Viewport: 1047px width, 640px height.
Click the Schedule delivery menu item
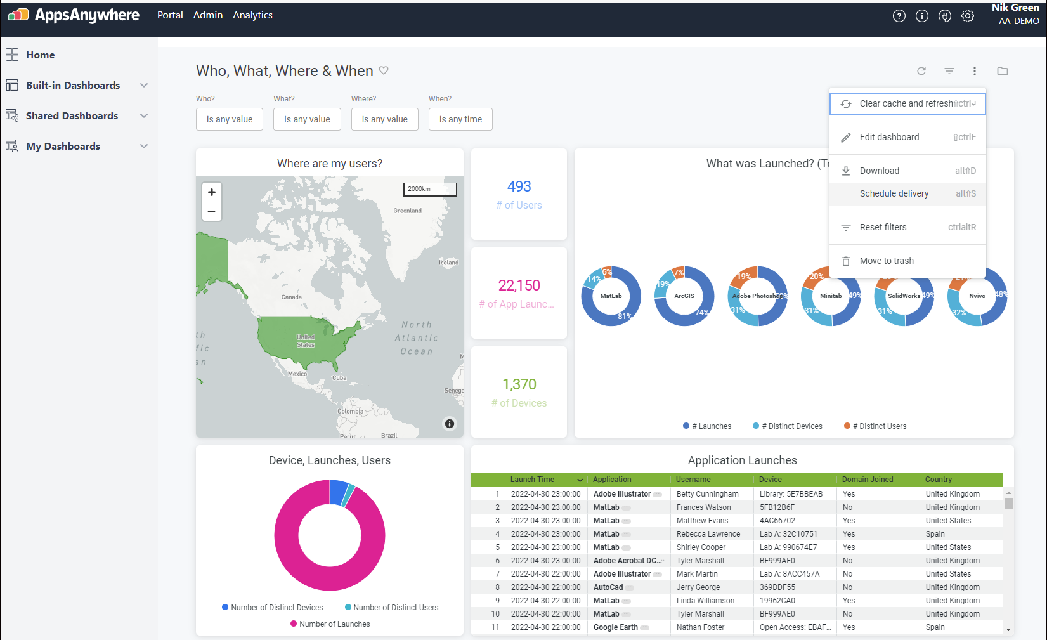click(x=894, y=193)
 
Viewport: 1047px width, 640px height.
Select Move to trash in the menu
click(x=886, y=261)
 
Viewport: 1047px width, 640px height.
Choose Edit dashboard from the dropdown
click(x=888, y=137)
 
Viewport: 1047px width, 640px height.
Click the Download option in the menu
click(x=879, y=171)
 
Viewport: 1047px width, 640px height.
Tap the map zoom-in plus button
click(x=212, y=192)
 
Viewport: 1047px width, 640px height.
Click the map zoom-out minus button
click(x=212, y=211)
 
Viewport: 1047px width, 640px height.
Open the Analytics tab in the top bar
click(x=252, y=15)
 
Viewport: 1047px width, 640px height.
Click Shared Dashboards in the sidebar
click(x=72, y=115)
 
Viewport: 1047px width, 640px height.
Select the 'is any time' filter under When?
click(x=460, y=119)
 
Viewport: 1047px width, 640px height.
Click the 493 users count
click(x=519, y=186)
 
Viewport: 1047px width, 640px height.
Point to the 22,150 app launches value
click(x=519, y=285)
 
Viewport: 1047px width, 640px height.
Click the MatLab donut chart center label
click(x=611, y=296)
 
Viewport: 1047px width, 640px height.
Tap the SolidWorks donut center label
click(x=904, y=296)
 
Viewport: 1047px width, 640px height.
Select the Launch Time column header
click(x=533, y=480)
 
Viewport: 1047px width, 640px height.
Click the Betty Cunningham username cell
click(x=707, y=494)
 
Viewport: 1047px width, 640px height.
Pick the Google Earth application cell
click(x=615, y=627)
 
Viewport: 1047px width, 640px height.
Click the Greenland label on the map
click(x=407, y=211)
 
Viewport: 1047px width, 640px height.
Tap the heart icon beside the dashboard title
click(x=384, y=70)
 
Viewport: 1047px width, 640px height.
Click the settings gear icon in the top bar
click(x=967, y=16)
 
